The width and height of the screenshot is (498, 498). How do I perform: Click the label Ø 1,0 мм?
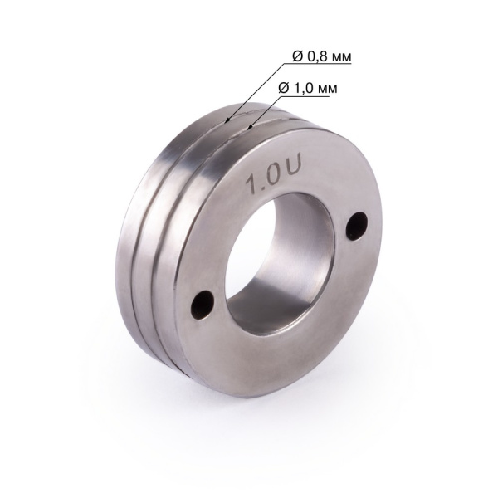[306, 87]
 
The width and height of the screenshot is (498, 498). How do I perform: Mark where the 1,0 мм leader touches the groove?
[248, 128]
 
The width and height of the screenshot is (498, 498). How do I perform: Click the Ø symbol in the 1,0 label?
[281, 87]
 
